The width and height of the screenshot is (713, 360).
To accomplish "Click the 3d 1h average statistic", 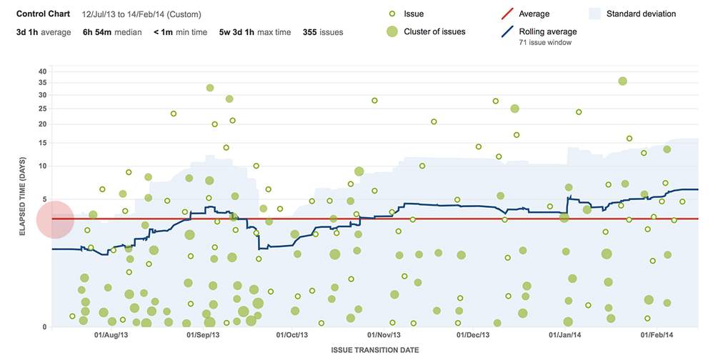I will pos(42,32).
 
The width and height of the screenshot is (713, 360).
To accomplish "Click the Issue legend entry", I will pos(414,14).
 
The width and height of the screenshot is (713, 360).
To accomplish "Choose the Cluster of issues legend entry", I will pos(434,31).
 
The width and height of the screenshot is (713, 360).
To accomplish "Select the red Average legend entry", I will pos(532,14).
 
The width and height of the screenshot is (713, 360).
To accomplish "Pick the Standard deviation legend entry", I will pos(640,14).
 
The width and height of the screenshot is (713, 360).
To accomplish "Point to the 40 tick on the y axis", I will pos(42,71).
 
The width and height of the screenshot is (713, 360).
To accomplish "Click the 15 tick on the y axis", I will pos(42,143).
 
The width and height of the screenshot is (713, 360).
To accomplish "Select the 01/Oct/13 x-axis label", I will pos(292,334).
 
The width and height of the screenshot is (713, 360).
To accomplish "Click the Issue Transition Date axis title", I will pos(374,350).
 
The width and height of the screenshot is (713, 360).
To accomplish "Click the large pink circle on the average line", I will pos(54,219).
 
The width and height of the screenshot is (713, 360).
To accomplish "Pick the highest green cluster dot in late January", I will pos(622,81).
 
